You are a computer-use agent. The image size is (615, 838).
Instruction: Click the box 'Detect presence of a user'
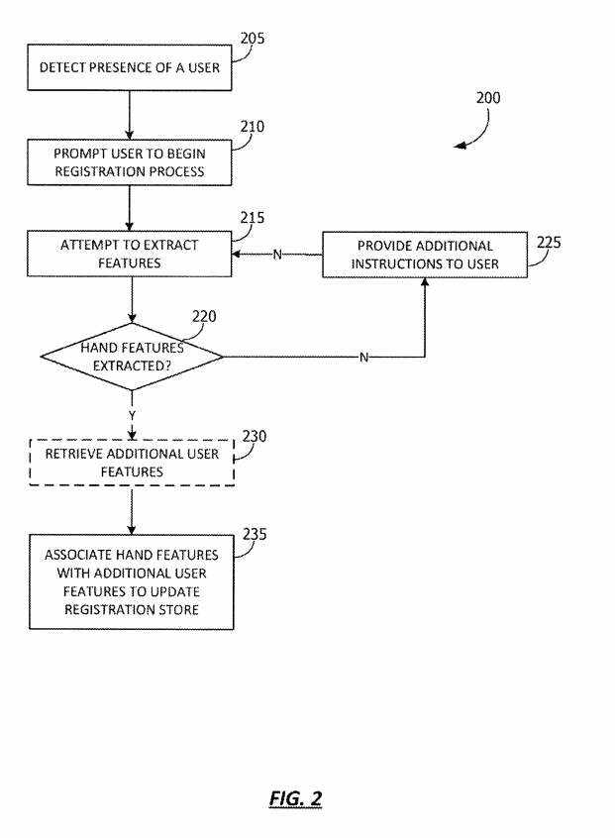tap(129, 67)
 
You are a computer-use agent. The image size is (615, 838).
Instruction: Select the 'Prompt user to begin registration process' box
tap(129, 162)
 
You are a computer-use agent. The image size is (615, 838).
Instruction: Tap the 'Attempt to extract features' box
tap(129, 254)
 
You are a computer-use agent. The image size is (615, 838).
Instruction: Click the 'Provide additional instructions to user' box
tap(424, 254)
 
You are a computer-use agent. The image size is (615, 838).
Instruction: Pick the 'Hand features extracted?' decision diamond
tap(132, 356)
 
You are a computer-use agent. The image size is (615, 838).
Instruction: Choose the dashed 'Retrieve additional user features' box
tap(132, 463)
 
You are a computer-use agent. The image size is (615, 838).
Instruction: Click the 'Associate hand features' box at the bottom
tap(131, 581)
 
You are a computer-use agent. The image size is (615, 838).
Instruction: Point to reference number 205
tap(253, 40)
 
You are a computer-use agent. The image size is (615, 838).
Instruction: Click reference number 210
tap(253, 127)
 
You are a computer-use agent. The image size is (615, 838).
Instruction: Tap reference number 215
tap(253, 218)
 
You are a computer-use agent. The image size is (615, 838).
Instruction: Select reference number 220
tap(204, 317)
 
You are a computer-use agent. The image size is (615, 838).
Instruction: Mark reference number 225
tap(549, 243)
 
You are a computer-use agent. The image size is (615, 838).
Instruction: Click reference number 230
tap(255, 436)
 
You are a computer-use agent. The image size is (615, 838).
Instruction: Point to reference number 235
tap(255, 534)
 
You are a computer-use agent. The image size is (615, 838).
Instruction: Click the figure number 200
tap(488, 98)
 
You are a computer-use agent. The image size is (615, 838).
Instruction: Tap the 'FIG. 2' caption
tap(296, 798)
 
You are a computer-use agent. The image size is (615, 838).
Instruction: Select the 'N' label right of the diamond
tap(363, 358)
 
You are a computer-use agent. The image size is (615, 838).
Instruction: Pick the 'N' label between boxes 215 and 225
tap(277, 255)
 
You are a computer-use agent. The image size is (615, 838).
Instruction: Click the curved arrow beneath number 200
tap(475, 131)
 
